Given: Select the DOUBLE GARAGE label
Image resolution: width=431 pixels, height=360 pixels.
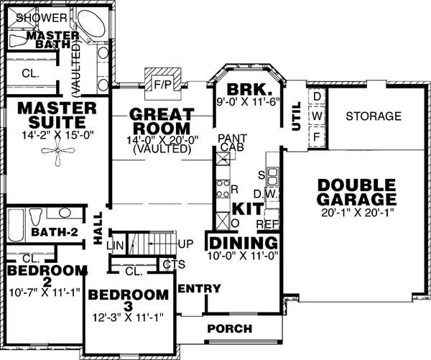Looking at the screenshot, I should [356, 192].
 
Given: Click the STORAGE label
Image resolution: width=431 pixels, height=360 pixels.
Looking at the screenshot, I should [374, 116].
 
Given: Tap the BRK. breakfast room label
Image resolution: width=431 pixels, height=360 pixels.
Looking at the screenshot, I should [247, 91].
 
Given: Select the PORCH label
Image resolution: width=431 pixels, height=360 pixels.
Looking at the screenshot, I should [230, 329].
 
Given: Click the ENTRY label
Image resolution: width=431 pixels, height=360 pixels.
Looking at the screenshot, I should [199, 289].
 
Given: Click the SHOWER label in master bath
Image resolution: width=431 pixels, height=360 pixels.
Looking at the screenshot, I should [41, 16].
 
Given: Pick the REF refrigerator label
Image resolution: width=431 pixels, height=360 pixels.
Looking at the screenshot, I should [272, 213].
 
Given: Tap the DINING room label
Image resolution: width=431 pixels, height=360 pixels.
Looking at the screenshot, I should [243, 242].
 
